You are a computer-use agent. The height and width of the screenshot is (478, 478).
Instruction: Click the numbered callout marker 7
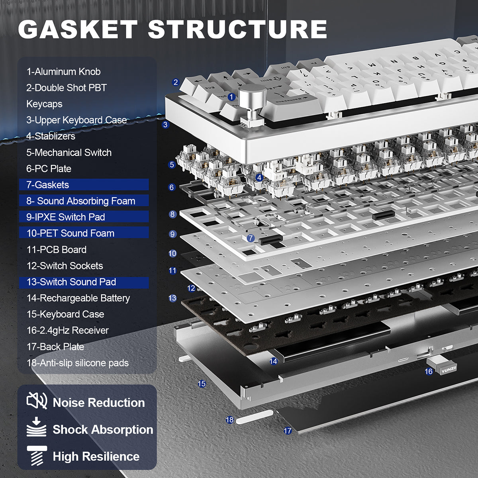[251, 238]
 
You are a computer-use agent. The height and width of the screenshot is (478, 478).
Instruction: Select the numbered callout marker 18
[230, 420]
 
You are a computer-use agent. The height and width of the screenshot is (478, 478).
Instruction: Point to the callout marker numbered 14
[273, 361]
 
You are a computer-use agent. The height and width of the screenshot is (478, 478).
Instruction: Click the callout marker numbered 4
[259, 178]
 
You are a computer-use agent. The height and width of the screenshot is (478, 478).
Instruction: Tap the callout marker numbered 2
[176, 82]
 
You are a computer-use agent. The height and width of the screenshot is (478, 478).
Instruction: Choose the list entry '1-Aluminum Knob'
[63, 72]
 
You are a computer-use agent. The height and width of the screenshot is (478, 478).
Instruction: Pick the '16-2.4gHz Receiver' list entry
[67, 330]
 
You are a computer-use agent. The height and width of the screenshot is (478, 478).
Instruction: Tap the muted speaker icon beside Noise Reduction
[37, 401]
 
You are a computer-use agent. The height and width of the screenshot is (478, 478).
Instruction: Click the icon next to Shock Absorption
[36, 427]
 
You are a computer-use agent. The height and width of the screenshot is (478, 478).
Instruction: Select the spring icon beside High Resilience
[37, 455]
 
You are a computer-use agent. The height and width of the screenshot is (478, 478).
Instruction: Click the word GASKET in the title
[78, 30]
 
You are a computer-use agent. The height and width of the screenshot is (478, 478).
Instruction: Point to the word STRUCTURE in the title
[237, 30]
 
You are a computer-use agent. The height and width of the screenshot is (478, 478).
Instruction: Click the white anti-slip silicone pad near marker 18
[254, 417]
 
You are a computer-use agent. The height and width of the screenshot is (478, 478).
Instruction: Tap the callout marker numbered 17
[288, 431]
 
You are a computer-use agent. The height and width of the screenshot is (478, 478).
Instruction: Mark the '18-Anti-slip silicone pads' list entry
[78, 363]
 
